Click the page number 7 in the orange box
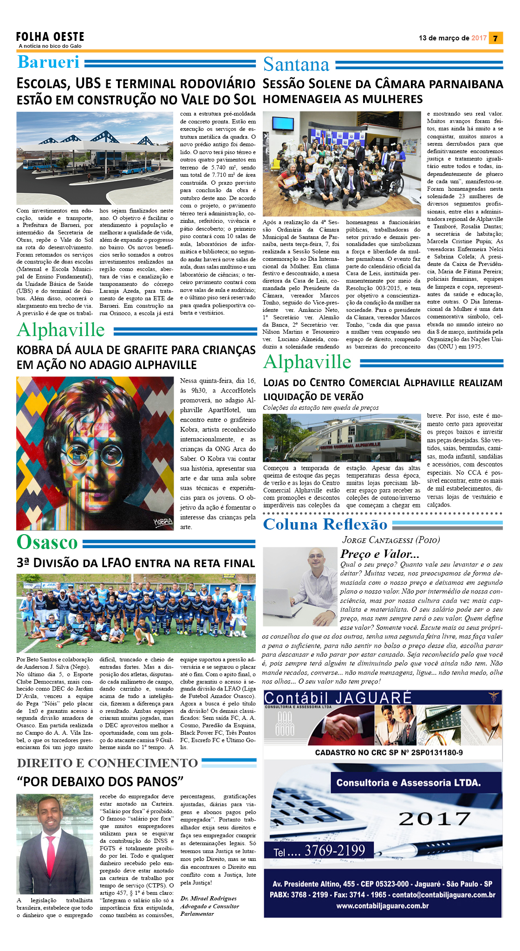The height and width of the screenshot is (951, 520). coord(495,39)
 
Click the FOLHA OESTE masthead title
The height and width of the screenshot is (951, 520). coord(50,37)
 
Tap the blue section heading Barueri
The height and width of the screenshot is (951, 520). coord(48,62)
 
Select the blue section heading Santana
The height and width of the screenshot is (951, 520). coord(296,65)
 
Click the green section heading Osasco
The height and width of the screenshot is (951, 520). coord(47,542)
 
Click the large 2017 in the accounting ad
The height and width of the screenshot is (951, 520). coord(435,819)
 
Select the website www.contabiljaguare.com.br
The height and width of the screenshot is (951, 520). coord(383,906)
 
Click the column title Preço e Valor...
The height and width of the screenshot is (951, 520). coord(380,554)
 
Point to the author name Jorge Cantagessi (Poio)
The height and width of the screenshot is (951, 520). coord(391,540)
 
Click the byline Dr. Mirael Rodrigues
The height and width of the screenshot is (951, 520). coord(208,898)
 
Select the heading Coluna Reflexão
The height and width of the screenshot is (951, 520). coord(325,524)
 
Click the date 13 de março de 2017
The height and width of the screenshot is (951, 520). coord(452,38)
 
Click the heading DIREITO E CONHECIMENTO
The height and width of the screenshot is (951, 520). coord(107,763)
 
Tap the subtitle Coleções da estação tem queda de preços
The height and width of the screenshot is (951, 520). coord(321,408)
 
